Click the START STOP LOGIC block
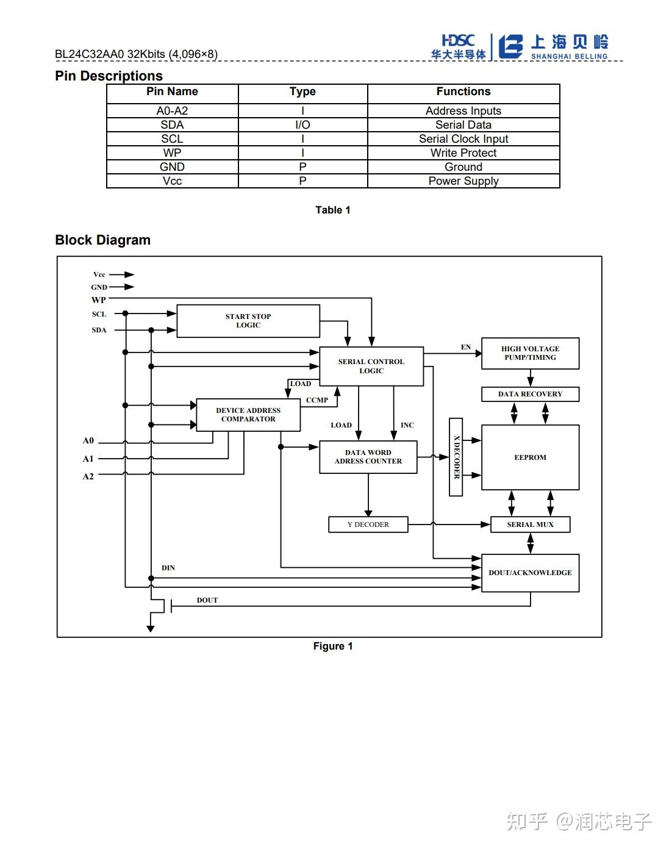[x=248, y=321]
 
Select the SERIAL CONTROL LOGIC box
[x=371, y=366]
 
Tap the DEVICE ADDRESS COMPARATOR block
[x=248, y=415]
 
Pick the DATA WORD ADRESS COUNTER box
[x=368, y=457]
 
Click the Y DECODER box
[x=368, y=525]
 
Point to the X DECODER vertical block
[x=456, y=457]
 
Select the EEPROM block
[x=530, y=457]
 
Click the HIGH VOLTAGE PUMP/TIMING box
[x=530, y=353]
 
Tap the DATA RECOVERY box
[x=530, y=394]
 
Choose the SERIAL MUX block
[x=530, y=525]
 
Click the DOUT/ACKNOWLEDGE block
[x=530, y=573]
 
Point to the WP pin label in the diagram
[x=99, y=300]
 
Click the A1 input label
[x=88, y=459]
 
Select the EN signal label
[x=466, y=347]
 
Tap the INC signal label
[x=407, y=425]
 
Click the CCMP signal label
[x=317, y=400]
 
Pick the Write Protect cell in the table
[x=463, y=153]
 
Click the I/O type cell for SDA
[x=302, y=125]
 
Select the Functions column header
[x=463, y=91]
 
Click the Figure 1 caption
[x=333, y=647]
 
